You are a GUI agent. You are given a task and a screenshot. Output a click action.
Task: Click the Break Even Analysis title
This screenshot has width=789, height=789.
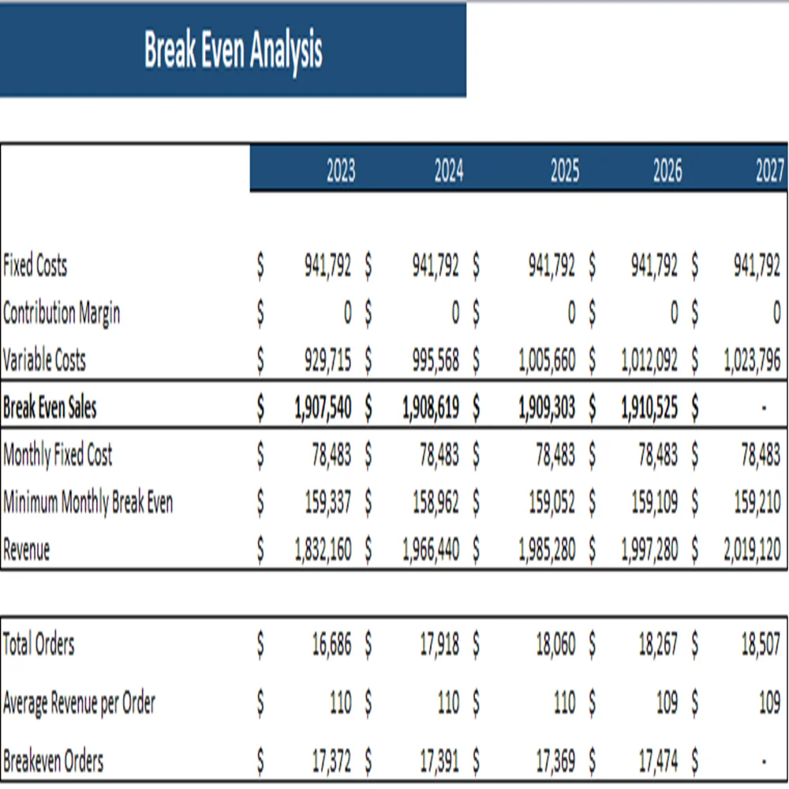[233, 50]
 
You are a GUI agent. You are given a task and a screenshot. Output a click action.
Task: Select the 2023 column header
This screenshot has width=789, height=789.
[341, 171]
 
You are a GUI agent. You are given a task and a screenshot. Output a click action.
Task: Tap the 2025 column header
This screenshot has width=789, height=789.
[564, 171]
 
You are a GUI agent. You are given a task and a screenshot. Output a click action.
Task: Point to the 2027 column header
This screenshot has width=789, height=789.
[769, 171]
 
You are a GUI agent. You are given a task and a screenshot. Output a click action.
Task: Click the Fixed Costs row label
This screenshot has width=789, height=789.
[36, 266]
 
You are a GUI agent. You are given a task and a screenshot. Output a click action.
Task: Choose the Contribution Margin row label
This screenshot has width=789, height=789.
[62, 313]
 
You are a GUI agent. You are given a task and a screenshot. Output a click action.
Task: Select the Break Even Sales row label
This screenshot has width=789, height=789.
[50, 408]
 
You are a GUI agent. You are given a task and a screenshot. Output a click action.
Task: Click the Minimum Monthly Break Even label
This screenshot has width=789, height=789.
[88, 503]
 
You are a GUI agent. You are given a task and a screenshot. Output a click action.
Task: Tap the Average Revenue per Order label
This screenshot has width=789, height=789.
[79, 702]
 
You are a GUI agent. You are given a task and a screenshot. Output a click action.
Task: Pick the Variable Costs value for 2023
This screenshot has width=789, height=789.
[327, 361]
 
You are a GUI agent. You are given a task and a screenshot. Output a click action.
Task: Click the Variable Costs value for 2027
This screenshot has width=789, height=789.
[752, 361]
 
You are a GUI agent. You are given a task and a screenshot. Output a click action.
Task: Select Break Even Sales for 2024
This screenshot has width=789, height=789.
[430, 408]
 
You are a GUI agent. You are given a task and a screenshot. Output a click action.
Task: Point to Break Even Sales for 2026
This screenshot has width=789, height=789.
[649, 408]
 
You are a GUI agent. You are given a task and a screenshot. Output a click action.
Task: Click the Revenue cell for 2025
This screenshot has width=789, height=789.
[547, 550]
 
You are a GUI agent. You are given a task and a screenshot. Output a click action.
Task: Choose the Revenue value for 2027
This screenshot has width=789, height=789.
[752, 550]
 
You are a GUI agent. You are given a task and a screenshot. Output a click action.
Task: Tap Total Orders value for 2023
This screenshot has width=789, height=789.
[331, 645]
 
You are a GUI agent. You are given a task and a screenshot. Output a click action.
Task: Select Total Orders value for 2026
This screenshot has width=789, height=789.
[657, 645]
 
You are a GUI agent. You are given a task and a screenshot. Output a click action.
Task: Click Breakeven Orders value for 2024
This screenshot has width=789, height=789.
[439, 761]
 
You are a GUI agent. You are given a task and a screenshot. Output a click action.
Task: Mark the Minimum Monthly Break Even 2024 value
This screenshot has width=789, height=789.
[436, 503]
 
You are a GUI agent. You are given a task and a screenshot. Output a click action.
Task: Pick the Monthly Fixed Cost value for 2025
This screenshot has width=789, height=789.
[555, 455]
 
